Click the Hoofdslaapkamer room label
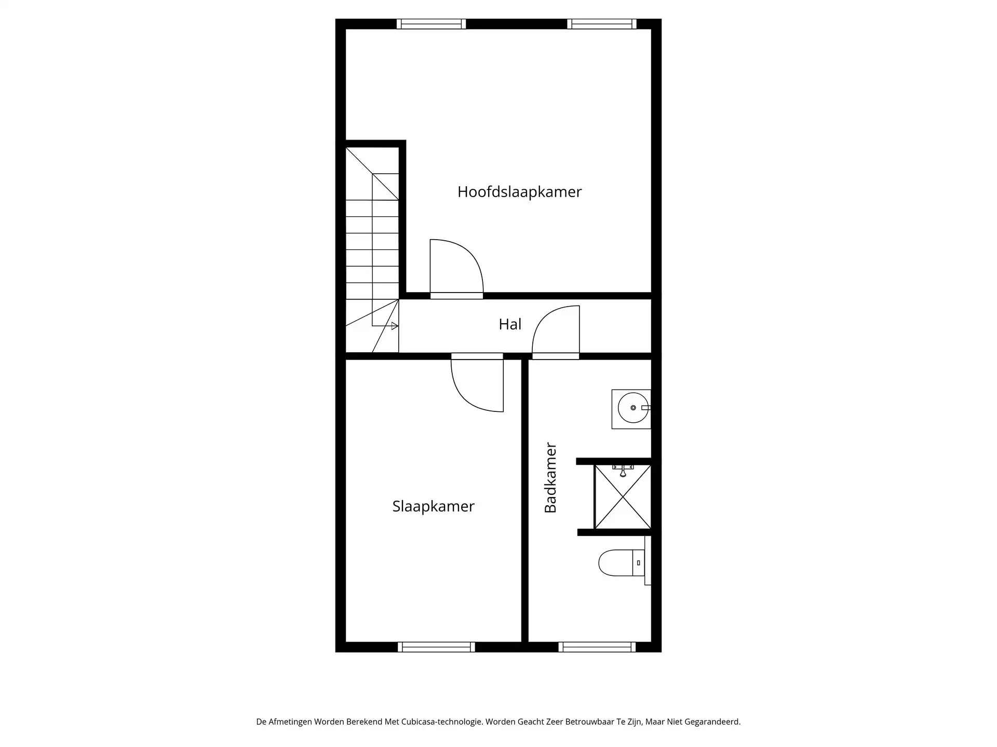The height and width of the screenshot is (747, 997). pyautogui.click(x=519, y=192)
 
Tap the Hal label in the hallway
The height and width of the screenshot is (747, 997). pyautogui.click(x=510, y=324)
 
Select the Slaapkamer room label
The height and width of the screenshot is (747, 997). pyautogui.click(x=433, y=506)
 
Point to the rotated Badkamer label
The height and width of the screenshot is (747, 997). pyautogui.click(x=550, y=478)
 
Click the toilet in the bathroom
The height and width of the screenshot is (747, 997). pyautogui.click(x=618, y=563)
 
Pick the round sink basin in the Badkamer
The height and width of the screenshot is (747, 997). pyautogui.click(x=633, y=408)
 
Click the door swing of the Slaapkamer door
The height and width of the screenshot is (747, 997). pyautogui.click(x=477, y=385)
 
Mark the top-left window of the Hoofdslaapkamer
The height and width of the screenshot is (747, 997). pyautogui.click(x=431, y=24)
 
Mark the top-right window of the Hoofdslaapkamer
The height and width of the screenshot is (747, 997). pyautogui.click(x=602, y=24)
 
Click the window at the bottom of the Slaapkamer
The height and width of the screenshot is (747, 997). pyautogui.click(x=436, y=647)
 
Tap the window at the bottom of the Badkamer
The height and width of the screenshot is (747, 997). pyautogui.click(x=597, y=647)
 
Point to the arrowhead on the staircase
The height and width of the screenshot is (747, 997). pyautogui.click(x=395, y=326)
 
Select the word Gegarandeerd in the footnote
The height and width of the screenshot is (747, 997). pyautogui.click(x=712, y=722)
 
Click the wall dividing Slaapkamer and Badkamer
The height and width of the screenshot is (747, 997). pyautogui.click(x=524, y=501)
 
